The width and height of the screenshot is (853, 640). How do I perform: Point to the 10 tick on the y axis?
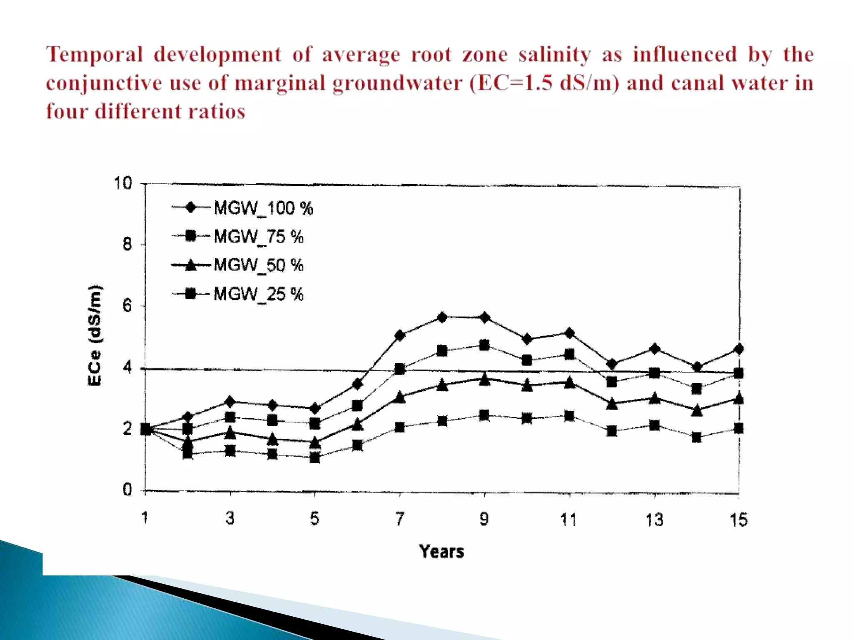123,183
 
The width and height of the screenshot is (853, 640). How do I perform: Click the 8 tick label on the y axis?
127,245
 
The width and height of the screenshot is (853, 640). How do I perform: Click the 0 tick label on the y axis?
127,490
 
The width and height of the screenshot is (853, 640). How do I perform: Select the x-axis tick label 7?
400,519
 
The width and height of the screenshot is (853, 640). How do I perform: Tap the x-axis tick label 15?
738,520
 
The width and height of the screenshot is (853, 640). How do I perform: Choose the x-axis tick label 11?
569,520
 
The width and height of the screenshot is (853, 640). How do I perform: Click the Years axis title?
441,552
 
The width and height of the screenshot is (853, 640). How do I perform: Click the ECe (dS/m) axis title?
95,335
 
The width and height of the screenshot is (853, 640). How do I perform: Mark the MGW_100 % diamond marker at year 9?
484,318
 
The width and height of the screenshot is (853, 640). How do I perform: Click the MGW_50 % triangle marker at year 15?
738,398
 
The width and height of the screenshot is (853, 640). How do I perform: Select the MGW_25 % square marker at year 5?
315,457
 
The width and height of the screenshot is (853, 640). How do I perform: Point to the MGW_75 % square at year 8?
442,351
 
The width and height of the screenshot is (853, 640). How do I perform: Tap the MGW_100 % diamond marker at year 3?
230,402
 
